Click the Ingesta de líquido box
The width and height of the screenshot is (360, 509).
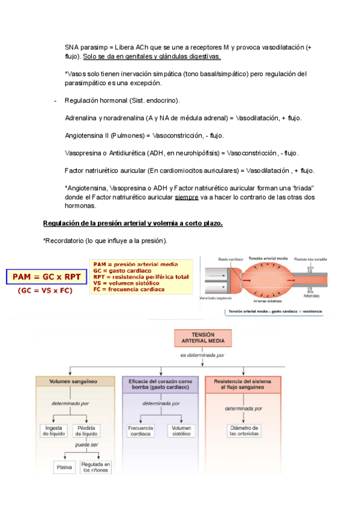(x=53, y=430)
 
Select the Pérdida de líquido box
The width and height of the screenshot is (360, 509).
(x=88, y=430)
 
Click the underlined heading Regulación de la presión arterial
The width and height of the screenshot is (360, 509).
(x=133, y=223)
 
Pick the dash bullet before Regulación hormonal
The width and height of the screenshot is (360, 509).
(x=55, y=100)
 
